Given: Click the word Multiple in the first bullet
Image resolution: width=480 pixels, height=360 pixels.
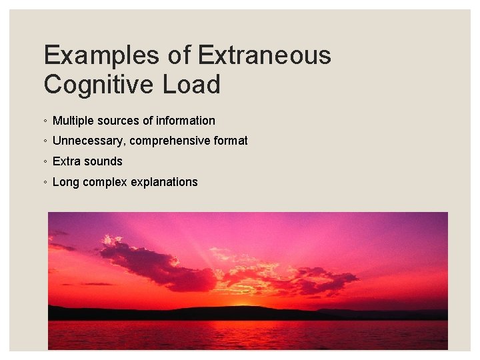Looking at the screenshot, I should tap(72, 121).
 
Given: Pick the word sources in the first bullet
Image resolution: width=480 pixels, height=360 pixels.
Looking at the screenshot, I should tap(117, 121).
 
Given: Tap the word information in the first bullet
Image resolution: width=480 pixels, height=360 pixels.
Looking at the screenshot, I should tap(185, 121).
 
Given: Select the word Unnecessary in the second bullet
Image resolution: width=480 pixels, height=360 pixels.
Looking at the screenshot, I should tap(89, 141).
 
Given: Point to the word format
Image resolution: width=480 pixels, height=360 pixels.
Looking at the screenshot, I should tap(231, 141).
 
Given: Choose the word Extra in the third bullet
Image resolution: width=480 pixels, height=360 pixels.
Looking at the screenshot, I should tap(66, 161).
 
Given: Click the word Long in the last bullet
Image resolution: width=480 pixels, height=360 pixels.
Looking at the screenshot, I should tap(65, 182).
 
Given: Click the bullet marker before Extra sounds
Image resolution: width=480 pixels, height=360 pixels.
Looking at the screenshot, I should tap(44, 162).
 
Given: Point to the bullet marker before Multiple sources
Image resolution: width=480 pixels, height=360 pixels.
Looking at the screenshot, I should tap(44, 121).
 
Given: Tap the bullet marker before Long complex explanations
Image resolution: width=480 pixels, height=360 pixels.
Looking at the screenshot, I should tap(44, 183).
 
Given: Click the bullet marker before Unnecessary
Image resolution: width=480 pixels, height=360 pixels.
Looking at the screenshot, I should tap(44, 141).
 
